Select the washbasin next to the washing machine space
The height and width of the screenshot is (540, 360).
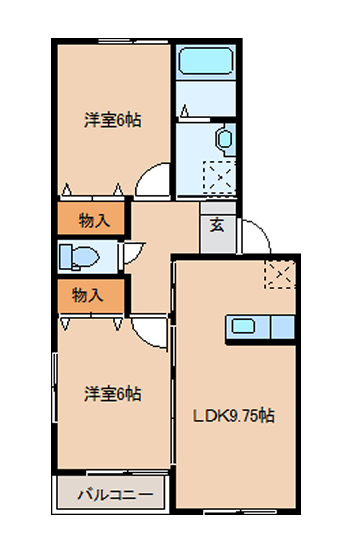[x=223, y=140]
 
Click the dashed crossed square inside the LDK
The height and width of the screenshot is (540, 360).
[x=281, y=273]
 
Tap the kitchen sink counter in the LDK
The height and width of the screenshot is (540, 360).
[x=262, y=327]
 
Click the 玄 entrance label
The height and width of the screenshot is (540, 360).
[x=217, y=224]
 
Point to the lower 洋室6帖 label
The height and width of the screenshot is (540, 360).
[x=111, y=393]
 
